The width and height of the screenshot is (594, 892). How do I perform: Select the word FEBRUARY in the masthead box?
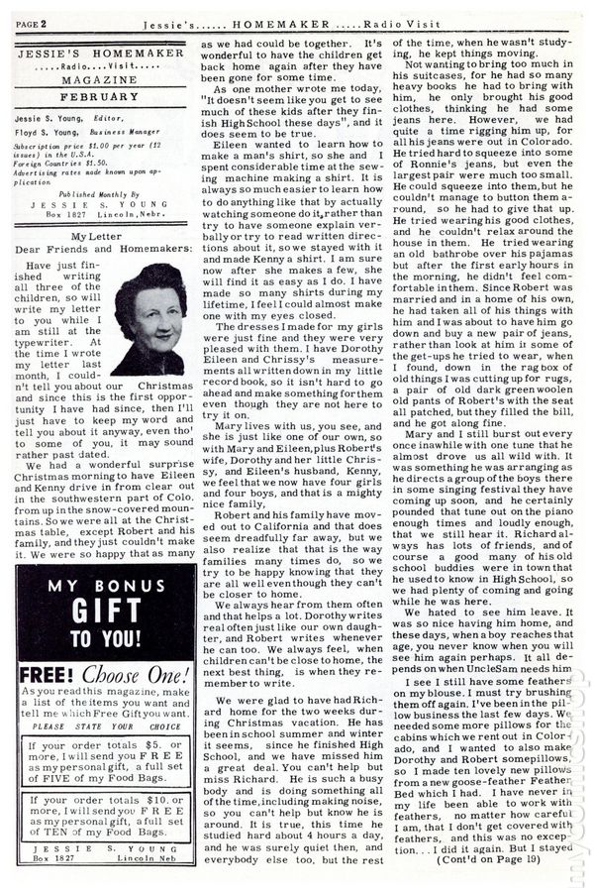[98, 97]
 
